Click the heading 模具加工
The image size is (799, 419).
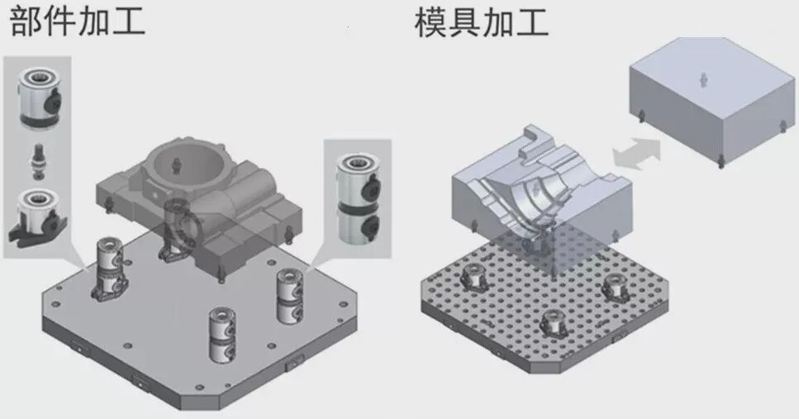click(481, 21)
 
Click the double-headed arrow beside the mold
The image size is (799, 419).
click(636, 155)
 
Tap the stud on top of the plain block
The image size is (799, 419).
click(702, 79)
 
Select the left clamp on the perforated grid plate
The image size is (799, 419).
click(476, 279)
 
